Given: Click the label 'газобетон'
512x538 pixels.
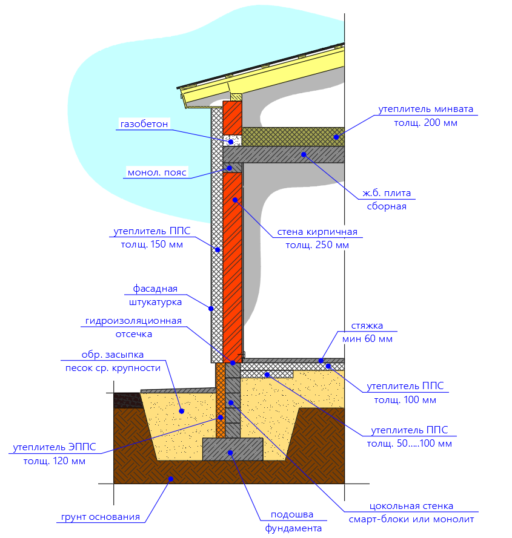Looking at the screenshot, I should coord(144,125).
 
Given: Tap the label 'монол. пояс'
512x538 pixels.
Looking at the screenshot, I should coord(157,172).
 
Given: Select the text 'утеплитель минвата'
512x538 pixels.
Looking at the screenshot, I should coord(426,110).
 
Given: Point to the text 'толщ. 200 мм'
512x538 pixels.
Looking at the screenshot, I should coord(426,122).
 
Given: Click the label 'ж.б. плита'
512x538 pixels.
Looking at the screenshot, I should coord(387,193).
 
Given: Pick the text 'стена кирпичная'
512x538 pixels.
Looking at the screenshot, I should coord(318,232).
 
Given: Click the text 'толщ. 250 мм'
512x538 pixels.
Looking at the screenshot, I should coord(318,245).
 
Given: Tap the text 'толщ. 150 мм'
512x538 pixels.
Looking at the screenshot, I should coord(151,244).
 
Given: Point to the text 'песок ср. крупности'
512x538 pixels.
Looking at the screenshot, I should coord(113,367).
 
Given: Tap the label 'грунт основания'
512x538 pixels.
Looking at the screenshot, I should coord(100,517).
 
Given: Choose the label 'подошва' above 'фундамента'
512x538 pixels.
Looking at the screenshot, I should coord(292,514).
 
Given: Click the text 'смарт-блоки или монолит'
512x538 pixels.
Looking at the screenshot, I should coord(411,519).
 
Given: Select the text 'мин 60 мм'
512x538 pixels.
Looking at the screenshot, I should coord(367,339).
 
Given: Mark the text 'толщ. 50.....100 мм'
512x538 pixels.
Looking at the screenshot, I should coord(409,444).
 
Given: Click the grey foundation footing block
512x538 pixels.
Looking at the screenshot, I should coord(233,448).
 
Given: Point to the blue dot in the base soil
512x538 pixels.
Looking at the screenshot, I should coord(171,479).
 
